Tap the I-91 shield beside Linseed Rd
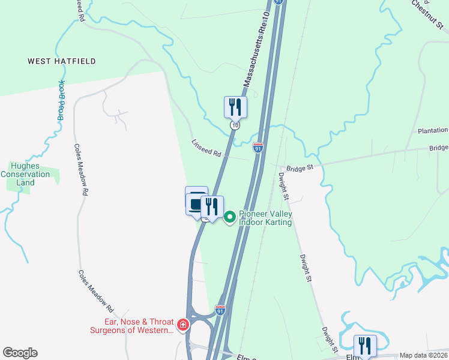click(x=258, y=148)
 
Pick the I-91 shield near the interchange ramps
click(x=220, y=310)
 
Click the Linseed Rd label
click(x=206, y=150)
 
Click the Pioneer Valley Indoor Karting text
click(x=265, y=217)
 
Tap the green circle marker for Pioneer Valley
click(x=230, y=217)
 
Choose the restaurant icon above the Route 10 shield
click(x=235, y=107)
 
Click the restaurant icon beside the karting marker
click(x=212, y=207)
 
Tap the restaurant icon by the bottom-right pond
click(x=365, y=346)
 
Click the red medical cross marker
click(x=183, y=326)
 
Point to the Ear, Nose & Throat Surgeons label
click(x=132, y=325)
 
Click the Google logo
click(x=20, y=353)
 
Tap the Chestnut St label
click(x=427, y=14)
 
